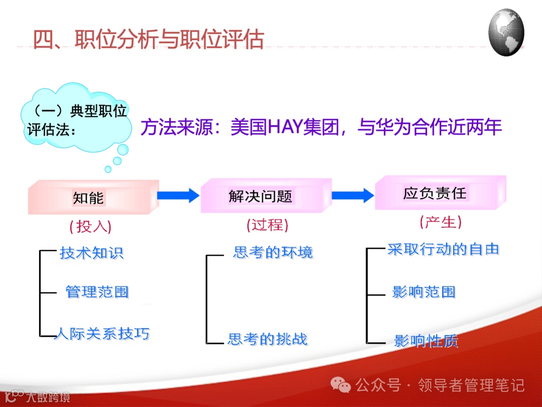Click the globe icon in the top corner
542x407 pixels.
point(506,32)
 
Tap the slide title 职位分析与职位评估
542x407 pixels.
point(149,39)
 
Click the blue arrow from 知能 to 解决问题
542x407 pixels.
point(179,195)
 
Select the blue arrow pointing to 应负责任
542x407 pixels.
point(353,195)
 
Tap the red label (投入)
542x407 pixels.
point(90,227)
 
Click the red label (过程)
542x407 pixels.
point(267,225)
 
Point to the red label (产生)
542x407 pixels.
point(440,222)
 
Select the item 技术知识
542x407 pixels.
point(91,253)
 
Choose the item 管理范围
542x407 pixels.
point(97,292)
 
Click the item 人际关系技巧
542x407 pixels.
point(102,333)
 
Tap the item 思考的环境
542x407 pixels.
point(273,252)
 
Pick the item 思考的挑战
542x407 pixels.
point(267,339)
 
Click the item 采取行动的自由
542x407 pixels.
point(443,249)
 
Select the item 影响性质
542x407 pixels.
point(426,341)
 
